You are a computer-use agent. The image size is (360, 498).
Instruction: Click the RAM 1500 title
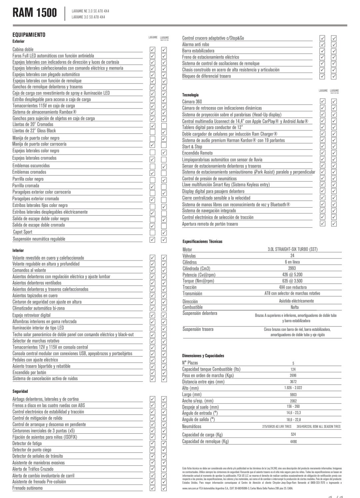(35, 13)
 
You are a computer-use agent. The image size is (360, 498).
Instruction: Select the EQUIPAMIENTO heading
(29, 35)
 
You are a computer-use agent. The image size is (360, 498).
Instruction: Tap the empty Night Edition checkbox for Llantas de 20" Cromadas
(164, 126)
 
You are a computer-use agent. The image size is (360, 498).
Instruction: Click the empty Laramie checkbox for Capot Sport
(153, 232)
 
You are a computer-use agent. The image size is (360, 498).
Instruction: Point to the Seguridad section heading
(20, 391)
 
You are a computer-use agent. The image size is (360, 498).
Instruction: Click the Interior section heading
(18, 250)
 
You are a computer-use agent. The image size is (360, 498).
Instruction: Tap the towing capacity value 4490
(293, 441)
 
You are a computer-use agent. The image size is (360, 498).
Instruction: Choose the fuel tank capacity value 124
(293, 369)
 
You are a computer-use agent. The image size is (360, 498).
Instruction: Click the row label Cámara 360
(192, 102)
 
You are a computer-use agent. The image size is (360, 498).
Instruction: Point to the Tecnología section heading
(190, 95)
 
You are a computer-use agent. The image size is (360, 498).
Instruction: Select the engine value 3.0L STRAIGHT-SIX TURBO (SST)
(293, 249)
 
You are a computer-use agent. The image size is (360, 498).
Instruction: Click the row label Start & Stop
(192, 147)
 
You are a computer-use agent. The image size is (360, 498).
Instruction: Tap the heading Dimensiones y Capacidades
(203, 356)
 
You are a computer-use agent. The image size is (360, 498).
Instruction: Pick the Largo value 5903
(293, 394)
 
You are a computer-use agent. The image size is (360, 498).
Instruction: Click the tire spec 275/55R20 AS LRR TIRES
(277, 426)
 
